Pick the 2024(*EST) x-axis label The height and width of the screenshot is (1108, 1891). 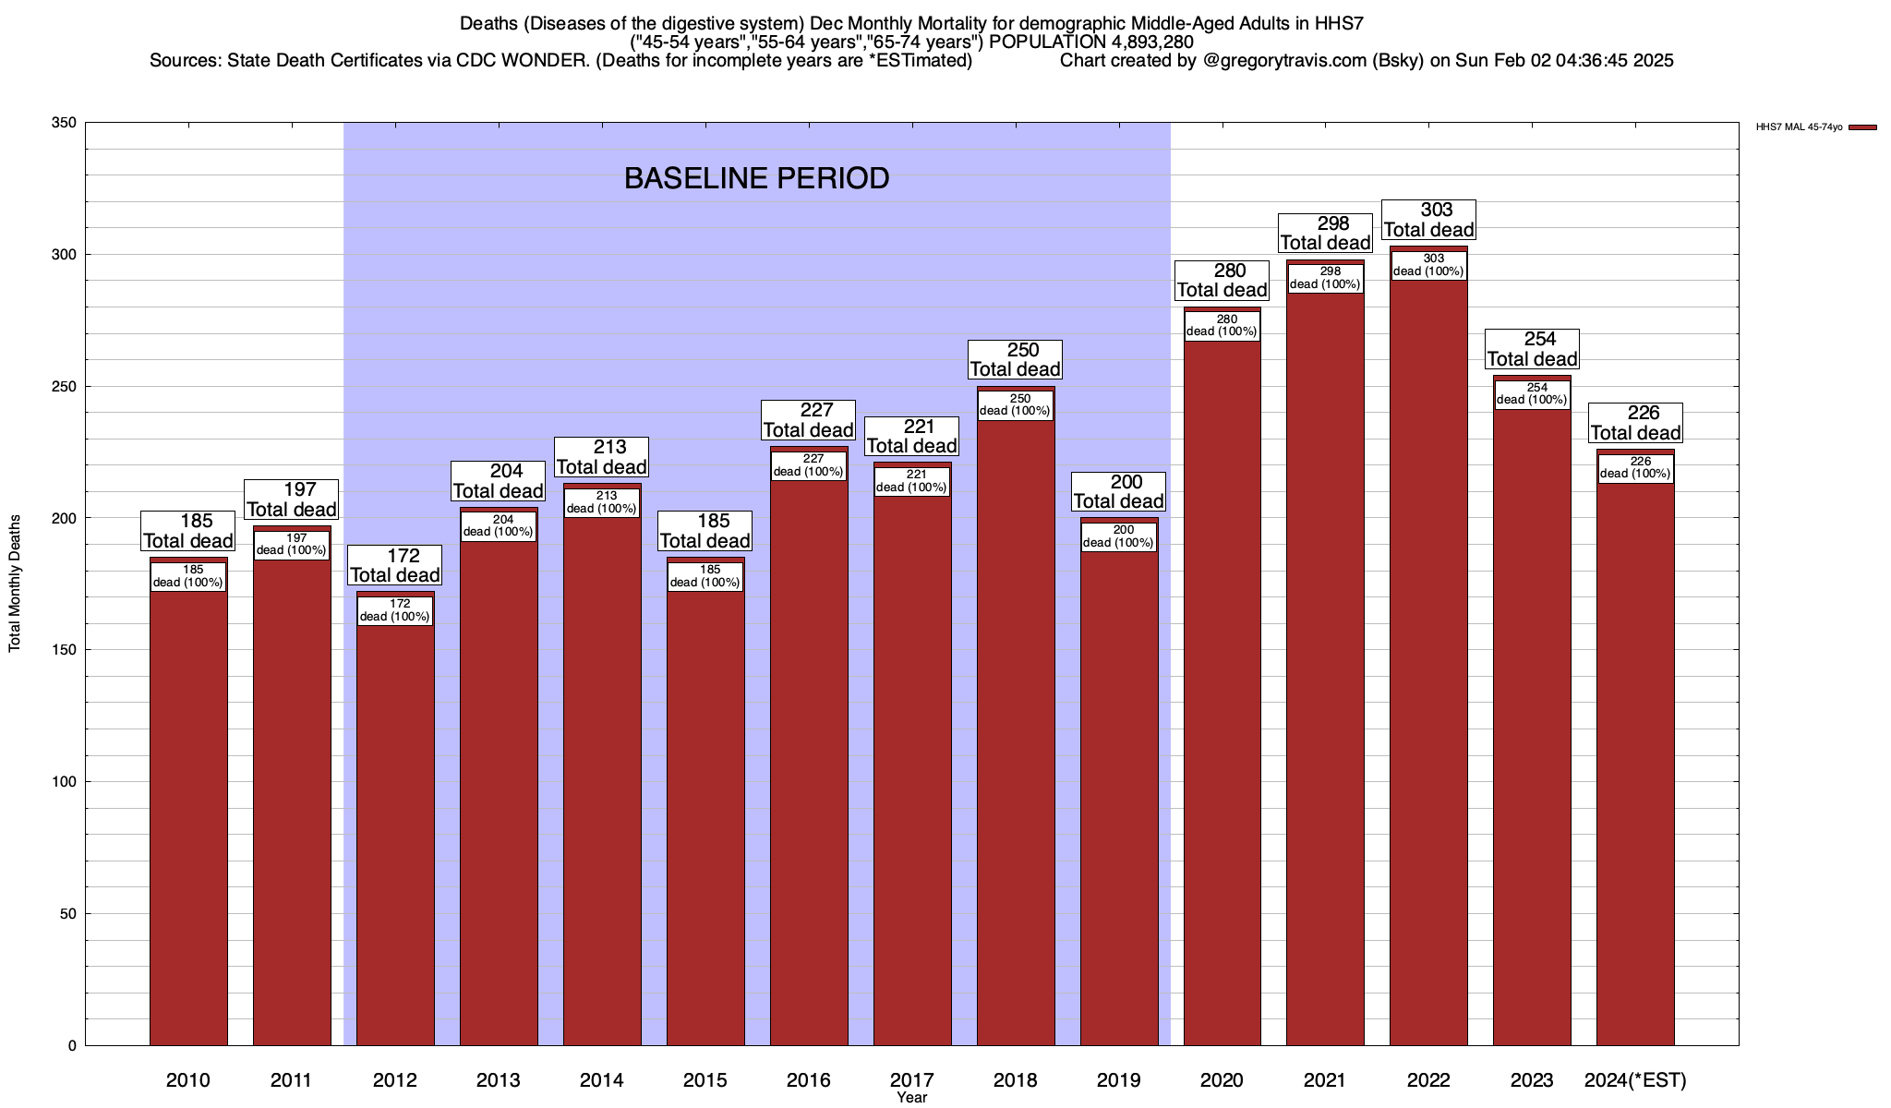click(x=1635, y=1079)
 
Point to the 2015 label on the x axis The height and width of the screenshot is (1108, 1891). click(x=705, y=1079)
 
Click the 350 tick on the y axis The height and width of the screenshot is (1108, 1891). click(x=65, y=123)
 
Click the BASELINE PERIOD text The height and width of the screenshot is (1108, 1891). click(x=756, y=178)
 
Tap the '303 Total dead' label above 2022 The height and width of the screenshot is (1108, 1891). click(x=1428, y=220)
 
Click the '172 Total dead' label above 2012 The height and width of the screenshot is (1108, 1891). click(x=395, y=565)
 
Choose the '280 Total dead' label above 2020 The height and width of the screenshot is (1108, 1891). click(x=1222, y=280)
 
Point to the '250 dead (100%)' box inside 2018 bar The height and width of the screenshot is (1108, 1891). click(x=1016, y=405)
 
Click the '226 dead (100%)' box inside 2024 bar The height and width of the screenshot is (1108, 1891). click(x=1635, y=468)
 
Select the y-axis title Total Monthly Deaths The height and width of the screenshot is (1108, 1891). click(x=15, y=584)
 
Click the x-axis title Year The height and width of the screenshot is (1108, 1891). click(x=911, y=1098)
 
